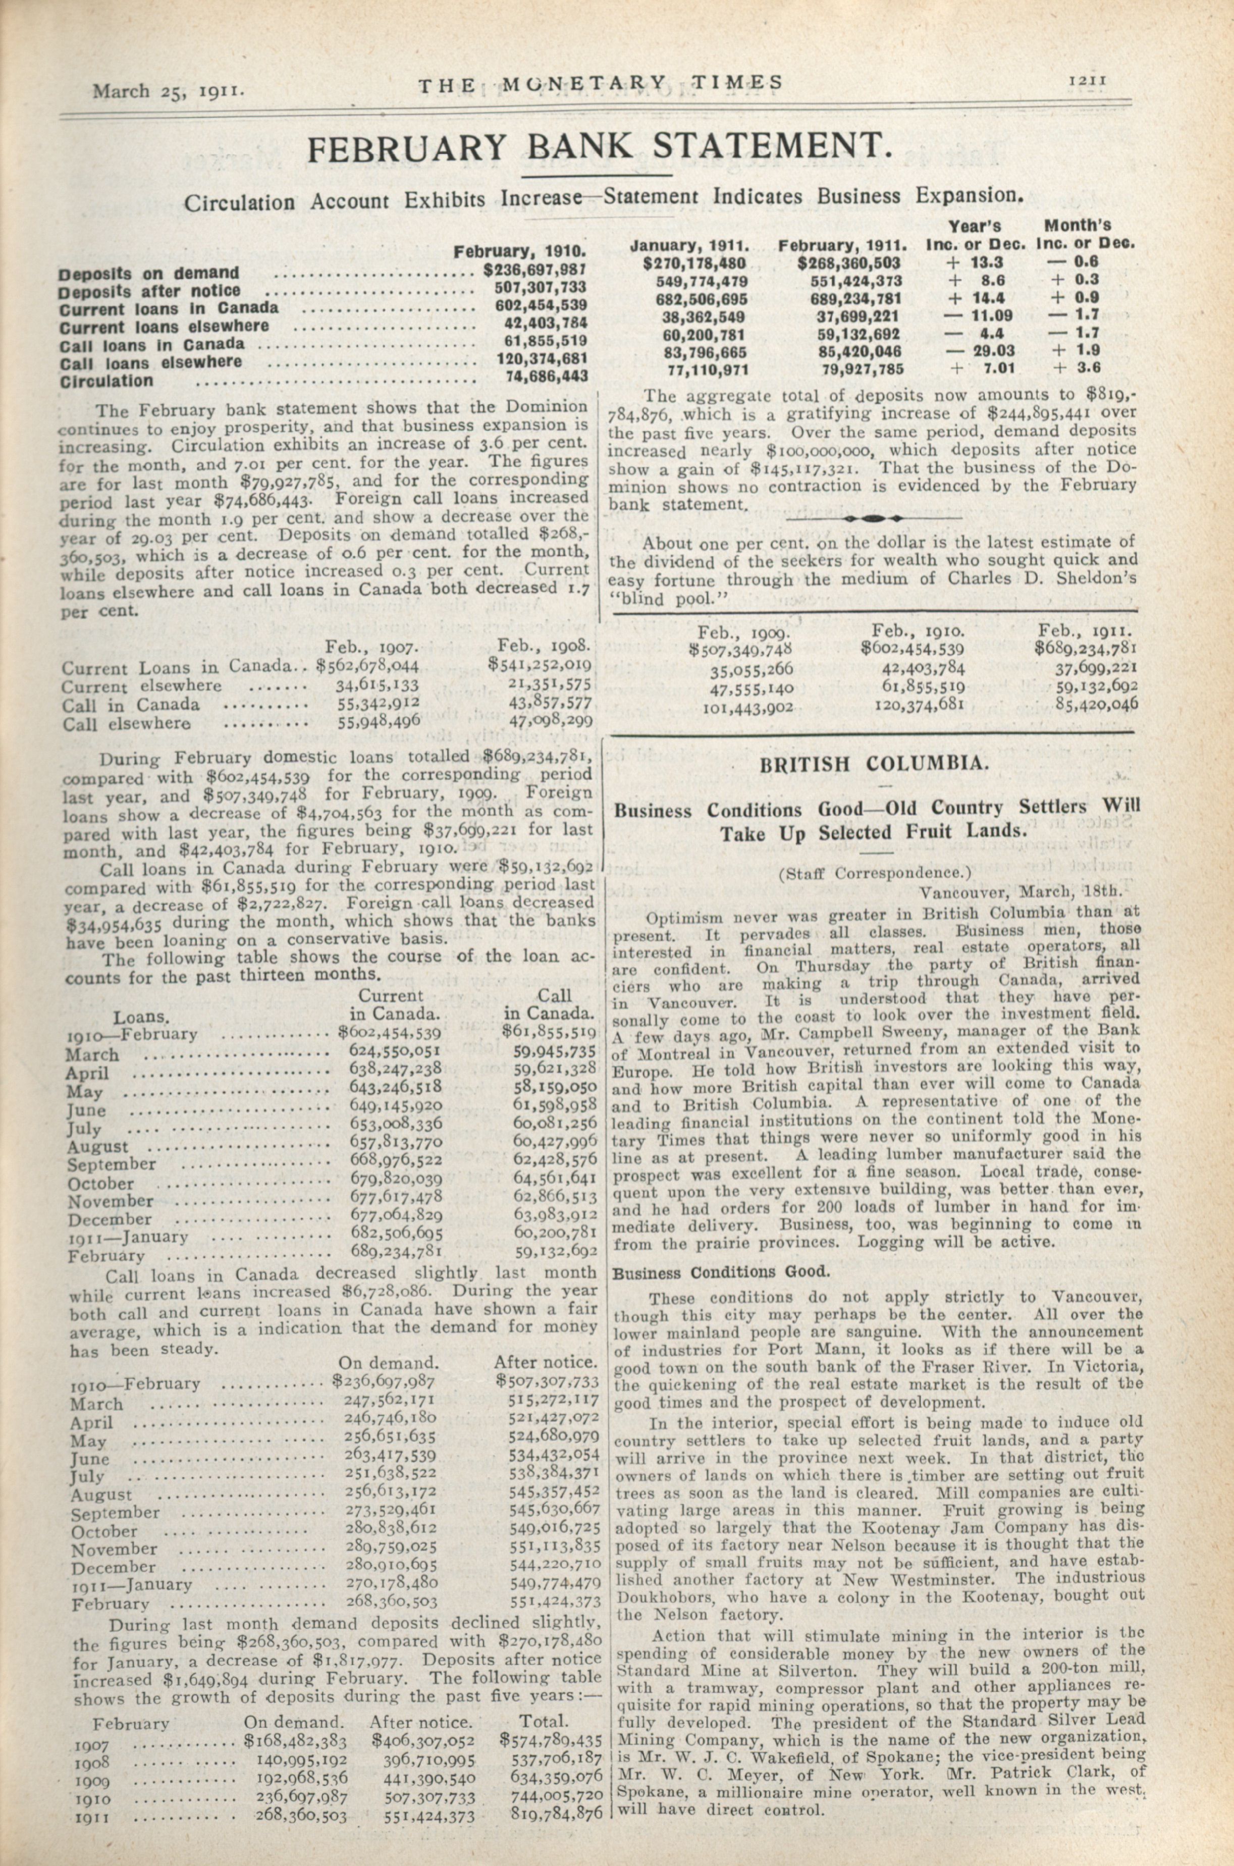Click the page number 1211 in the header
pos(1089,79)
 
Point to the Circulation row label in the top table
pos(106,381)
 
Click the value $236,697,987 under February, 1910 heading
pos(536,270)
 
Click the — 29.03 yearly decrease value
pos(981,351)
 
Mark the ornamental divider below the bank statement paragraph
pos(874,519)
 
